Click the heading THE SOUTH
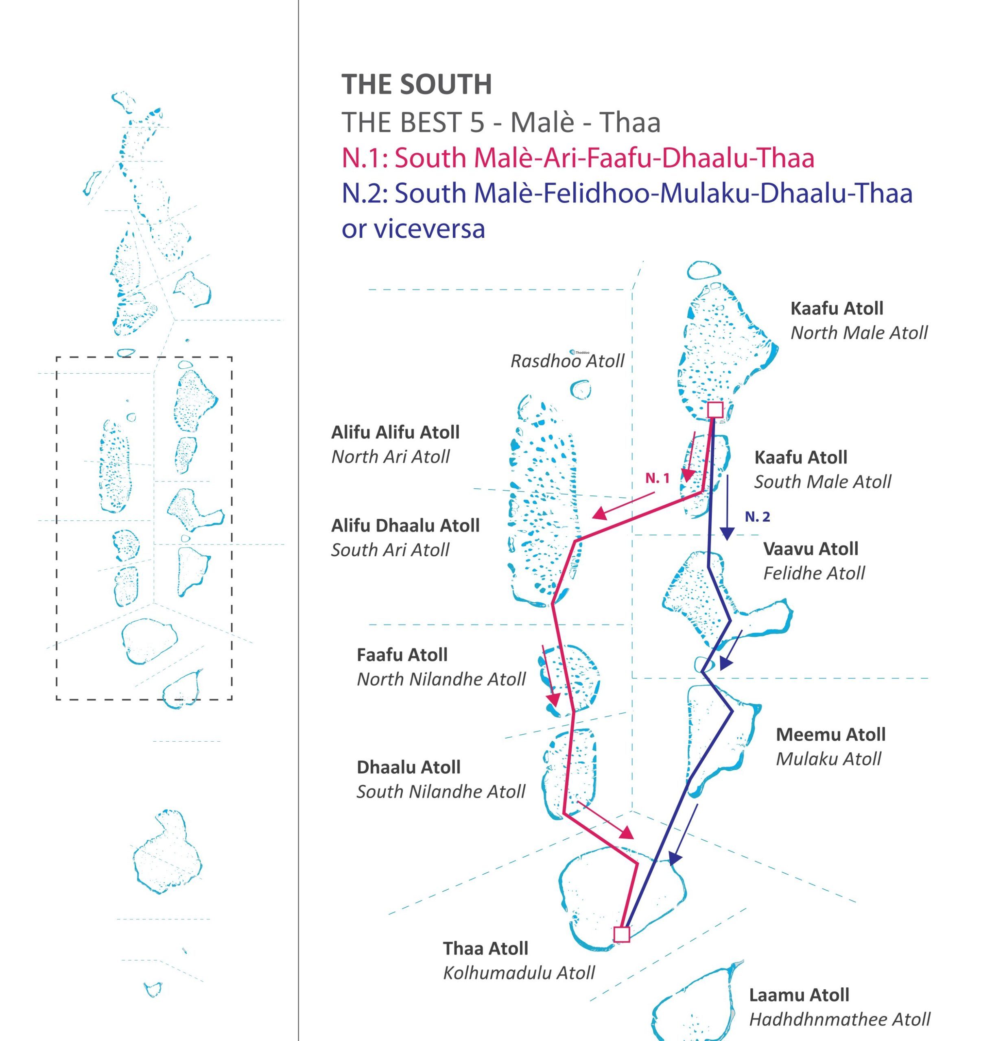(416, 85)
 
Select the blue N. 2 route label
(757, 517)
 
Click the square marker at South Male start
(715, 409)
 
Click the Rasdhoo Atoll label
(567, 362)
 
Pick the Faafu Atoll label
(402, 655)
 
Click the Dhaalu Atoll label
(408, 767)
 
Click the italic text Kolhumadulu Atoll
(518, 973)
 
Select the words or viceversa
(413, 229)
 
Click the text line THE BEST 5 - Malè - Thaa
(500, 123)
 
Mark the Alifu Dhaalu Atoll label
(405, 526)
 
